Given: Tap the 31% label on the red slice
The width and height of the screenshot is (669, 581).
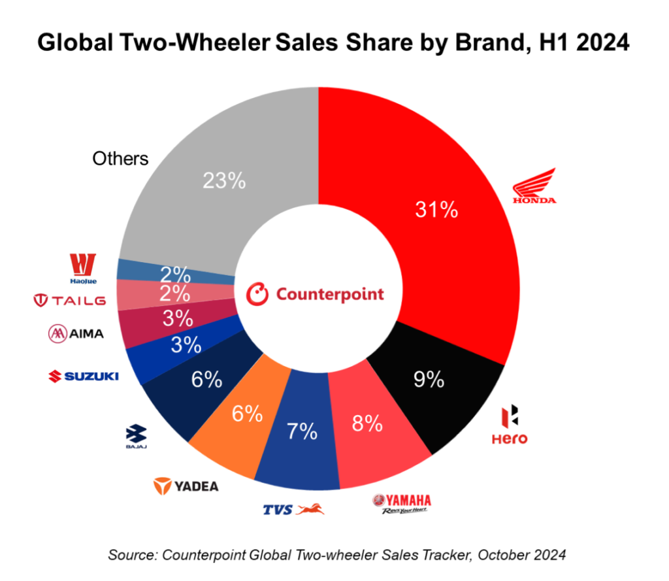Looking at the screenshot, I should pos(436,210).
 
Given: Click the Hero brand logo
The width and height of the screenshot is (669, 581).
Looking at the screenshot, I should pos(510,425).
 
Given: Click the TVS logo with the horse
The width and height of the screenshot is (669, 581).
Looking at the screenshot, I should pos(293,508).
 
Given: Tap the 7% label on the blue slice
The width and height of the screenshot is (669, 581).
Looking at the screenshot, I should pos(302,431).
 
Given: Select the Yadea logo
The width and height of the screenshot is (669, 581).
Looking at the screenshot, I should pos(186,486).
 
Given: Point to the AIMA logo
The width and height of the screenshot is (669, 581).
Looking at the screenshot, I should pos(76,334).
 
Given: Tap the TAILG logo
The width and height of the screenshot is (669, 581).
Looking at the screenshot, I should pos(69,300).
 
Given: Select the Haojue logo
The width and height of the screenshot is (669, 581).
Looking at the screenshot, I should pos(83,268).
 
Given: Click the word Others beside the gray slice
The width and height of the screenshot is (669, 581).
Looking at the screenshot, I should pos(120,158).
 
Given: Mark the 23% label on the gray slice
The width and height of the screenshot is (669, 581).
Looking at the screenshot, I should pos(224,180).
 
